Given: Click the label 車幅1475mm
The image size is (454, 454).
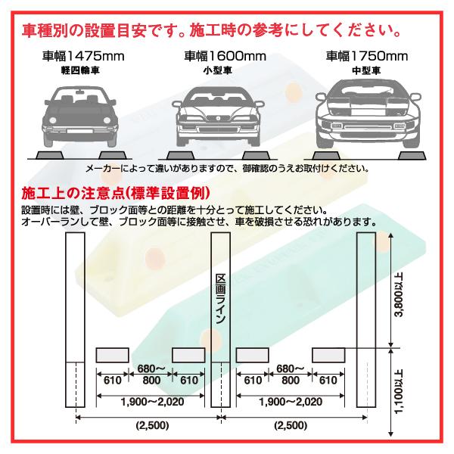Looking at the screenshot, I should [83, 56].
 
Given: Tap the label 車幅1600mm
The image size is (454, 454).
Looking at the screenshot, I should [225, 56].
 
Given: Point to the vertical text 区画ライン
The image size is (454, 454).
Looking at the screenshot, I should [220, 300].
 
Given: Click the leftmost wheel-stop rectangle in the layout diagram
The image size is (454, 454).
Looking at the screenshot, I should [111, 355].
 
